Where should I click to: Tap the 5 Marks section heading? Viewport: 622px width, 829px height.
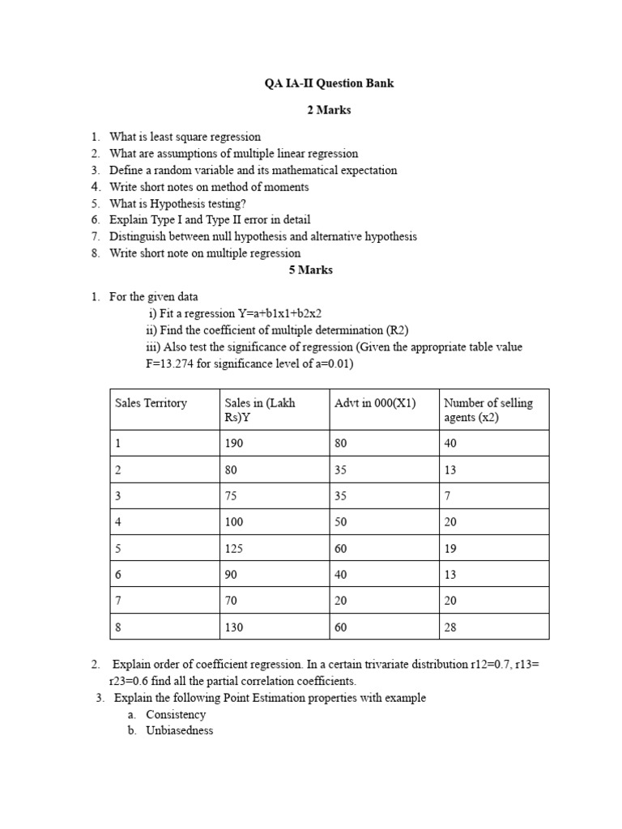[x=311, y=270]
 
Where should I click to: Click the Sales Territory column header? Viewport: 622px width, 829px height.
[x=151, y=403]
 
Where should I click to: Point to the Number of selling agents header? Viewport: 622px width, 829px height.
[x=488, y=410]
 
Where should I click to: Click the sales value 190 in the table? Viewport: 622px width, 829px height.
[x=234, y=444]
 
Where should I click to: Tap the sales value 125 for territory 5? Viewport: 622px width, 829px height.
[x=234, y=549]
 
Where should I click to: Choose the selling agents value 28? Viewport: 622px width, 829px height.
[x=451, y=627]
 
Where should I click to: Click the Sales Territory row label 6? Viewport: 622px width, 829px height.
[x=118, y=575]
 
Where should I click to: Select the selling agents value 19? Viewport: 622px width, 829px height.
[x=451, y=549]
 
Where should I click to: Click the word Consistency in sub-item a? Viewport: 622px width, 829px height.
[x=176, y=715]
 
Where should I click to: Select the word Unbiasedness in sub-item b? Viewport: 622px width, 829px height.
[x=180, y=730]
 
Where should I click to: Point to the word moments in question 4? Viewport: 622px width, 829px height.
[x=283, y=187]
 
